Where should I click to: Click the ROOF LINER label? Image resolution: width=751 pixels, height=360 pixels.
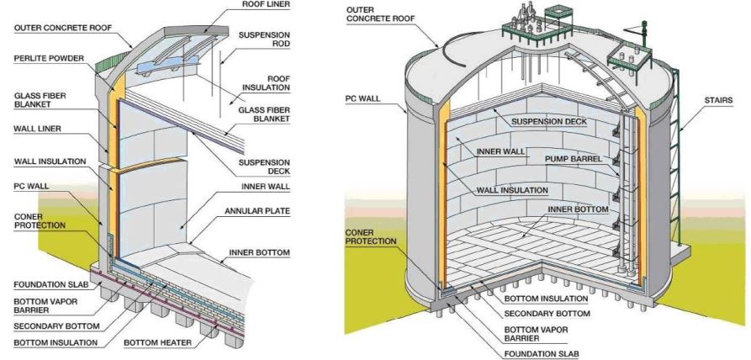tap(266, 4)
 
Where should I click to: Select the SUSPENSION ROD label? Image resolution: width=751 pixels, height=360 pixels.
tap(264, 40)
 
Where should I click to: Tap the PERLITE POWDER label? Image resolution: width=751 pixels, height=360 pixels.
tap(49, 58)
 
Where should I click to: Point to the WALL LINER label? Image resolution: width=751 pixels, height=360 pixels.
tap(37, 129)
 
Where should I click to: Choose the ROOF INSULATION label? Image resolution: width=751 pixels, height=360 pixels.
tap(266, 82)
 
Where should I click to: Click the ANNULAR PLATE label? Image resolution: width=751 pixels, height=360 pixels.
tap(257, 211)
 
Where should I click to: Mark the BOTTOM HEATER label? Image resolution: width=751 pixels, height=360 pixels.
tap(157, 343)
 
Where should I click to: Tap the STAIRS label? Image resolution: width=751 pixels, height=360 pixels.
tap(719, 101)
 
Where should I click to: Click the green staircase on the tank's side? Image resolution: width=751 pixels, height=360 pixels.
tap(675, 158)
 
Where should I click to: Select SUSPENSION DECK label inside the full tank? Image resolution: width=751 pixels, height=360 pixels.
tap(549, 122)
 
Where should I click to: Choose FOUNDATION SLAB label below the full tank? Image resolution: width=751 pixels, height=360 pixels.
tap(542, 354)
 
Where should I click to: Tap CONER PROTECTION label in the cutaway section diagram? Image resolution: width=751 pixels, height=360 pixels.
tap(40, 221)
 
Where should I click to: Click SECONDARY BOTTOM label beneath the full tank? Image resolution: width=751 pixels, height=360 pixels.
tap(547, 314)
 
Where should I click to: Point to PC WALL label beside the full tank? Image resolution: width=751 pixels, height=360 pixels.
tap(362, 98)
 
